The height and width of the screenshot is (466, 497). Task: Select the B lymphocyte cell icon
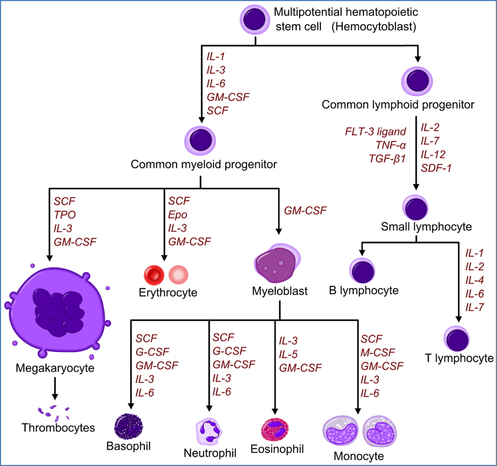tap(362, 270)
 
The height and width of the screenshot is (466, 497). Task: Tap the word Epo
tap(177, 215)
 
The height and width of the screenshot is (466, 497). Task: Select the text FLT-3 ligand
tap(375, 132)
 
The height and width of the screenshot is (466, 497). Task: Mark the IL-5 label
tap(289, 353)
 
